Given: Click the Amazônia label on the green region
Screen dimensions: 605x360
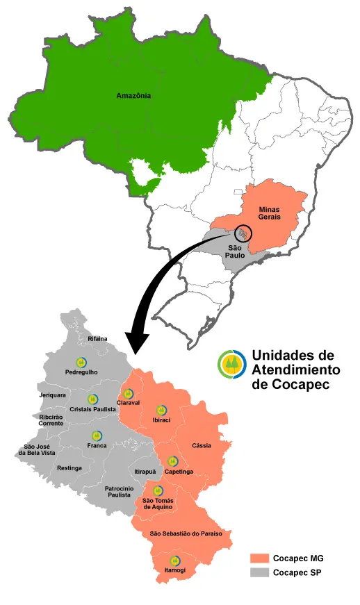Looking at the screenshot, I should (133, 96).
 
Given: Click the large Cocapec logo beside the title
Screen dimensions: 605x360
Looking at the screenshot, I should (231, 365).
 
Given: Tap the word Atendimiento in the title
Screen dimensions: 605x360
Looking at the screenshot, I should (295, 369).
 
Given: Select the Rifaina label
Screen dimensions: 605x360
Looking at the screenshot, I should (98, 338).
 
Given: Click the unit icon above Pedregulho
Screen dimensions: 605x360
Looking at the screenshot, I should (81, 363).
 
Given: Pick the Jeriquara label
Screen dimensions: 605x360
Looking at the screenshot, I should (54, 395).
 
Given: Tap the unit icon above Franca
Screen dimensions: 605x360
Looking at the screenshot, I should (97, 436).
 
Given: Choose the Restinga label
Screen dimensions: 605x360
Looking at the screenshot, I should (70, 468).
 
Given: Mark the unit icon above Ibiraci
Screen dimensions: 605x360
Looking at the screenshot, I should (161, 411).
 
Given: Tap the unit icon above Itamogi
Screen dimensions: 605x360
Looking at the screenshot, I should (175, 561).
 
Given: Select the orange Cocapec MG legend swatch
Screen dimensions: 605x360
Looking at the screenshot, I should (260, 558).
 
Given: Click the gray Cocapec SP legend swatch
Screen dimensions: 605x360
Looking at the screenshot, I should (260, 572).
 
